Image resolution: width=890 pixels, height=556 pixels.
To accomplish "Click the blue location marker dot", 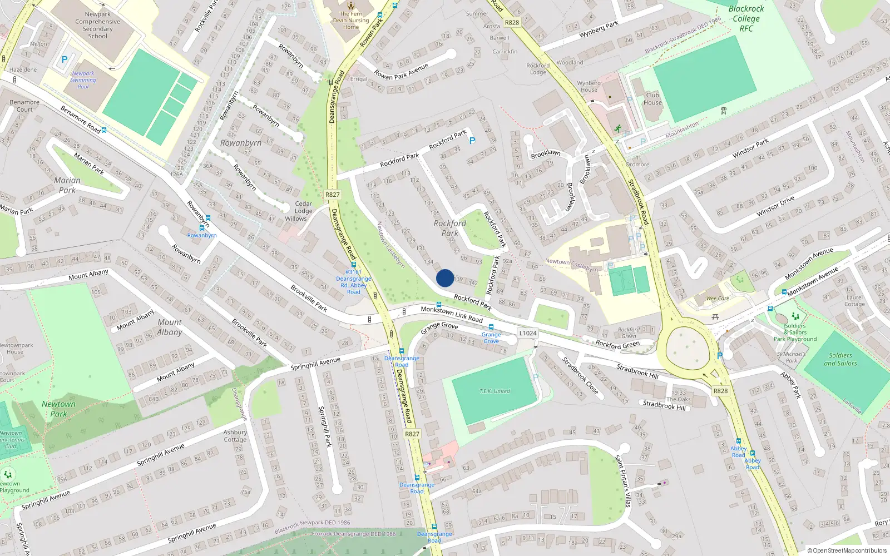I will coord(445,278).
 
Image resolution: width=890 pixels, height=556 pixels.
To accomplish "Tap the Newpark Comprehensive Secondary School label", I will coord(97,26).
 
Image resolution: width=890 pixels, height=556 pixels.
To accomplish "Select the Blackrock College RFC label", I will coord(746,18).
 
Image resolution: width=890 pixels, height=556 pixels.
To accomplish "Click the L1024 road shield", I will coord(527,333).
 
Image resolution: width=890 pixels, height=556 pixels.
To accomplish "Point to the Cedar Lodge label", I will coord(304,207).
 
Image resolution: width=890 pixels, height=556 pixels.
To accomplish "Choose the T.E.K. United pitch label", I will coord(495,391).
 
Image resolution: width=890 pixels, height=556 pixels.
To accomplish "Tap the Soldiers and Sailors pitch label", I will coord(840,359).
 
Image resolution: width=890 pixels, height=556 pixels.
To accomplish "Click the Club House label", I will coord(652,98).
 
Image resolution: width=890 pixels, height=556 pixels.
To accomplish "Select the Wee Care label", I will coord(718,299).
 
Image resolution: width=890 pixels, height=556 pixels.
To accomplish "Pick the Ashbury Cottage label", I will coord(235,436).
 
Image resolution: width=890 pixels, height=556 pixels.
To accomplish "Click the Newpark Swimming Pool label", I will coord(83,80).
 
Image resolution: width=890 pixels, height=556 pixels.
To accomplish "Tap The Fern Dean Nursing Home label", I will coord(351,21).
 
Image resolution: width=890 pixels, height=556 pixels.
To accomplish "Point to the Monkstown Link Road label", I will coord(452,314).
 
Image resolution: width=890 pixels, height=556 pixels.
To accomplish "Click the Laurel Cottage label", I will coord(854,301).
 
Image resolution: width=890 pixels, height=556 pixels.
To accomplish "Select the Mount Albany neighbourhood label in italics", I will coord(170,327).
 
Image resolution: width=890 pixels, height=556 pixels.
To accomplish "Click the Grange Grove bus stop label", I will coord(491,337).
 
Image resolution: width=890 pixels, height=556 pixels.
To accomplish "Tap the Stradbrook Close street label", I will coord(580,376).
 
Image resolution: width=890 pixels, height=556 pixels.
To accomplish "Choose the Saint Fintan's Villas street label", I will coord(623,480).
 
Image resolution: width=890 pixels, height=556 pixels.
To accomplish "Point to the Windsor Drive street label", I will coord(775,206).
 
